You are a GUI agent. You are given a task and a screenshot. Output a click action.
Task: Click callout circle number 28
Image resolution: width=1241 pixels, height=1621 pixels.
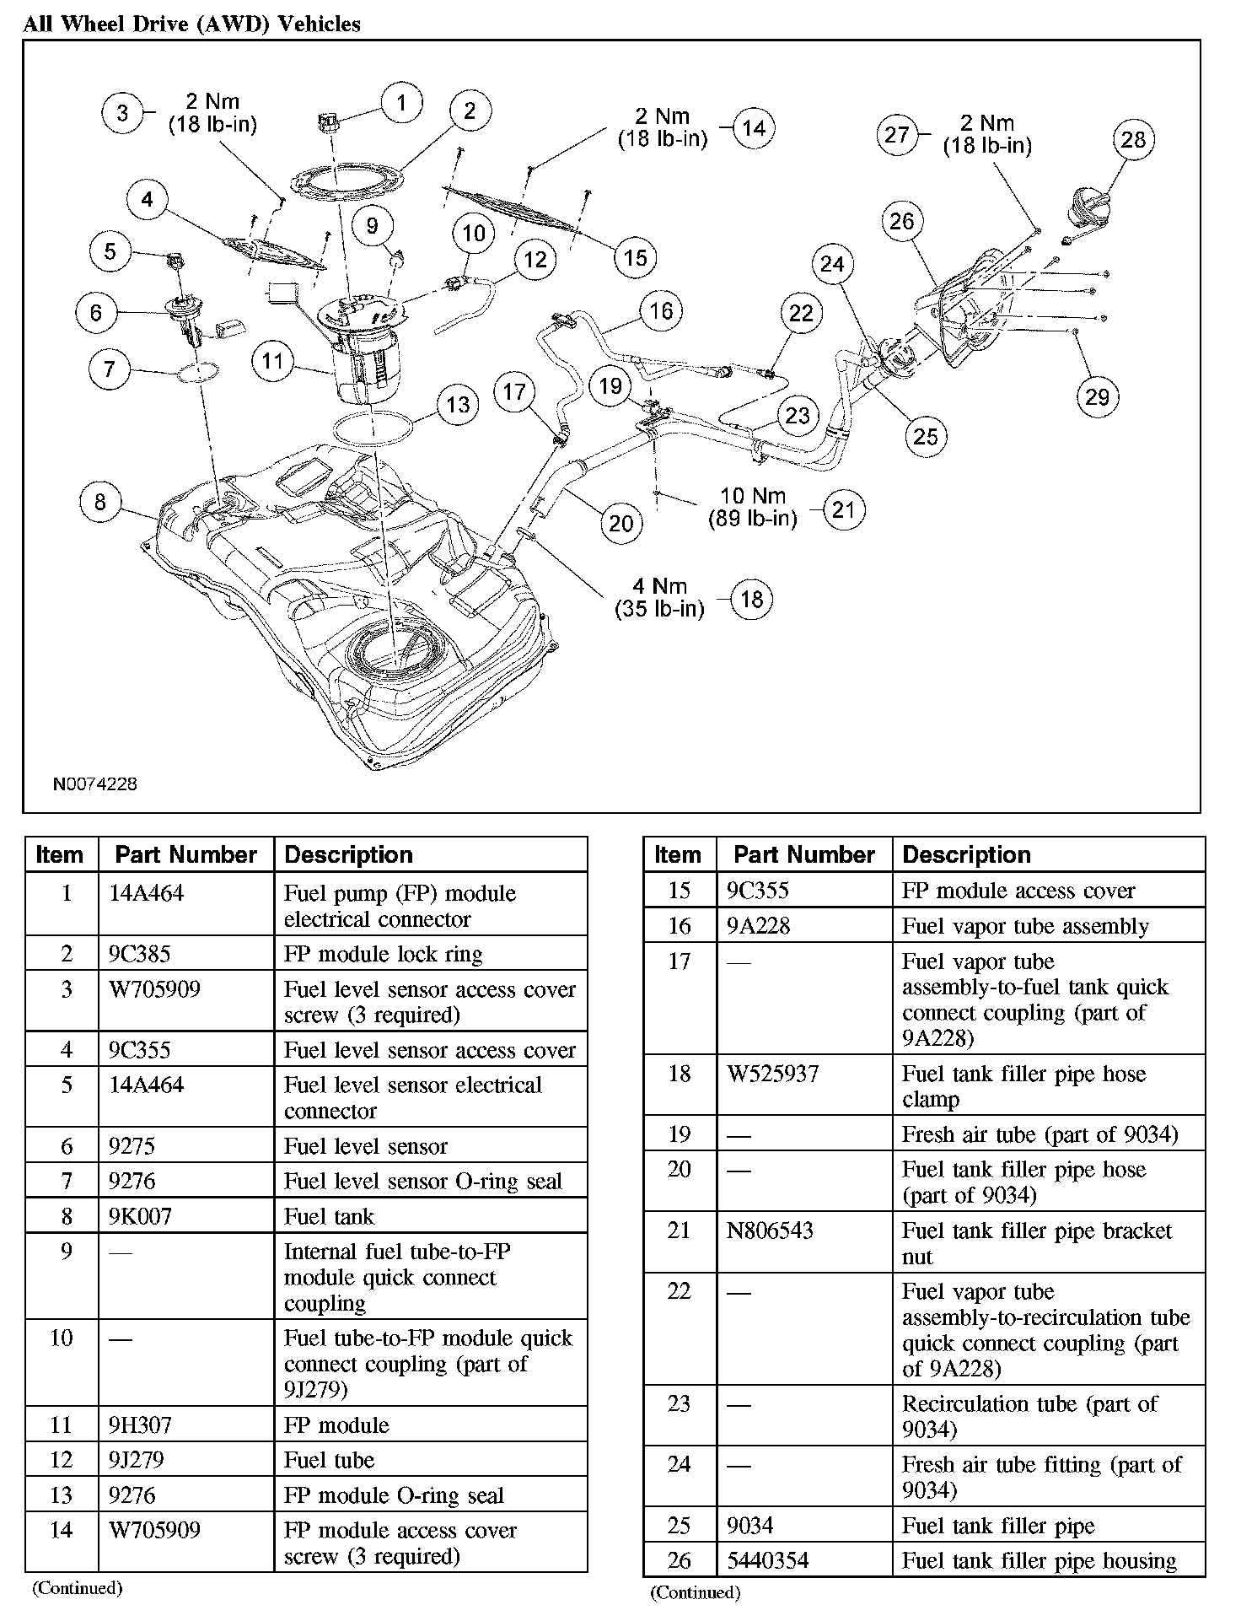coord(1133,139)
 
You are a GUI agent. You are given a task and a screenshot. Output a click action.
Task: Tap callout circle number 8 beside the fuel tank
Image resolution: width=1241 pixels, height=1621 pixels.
coord(100,503)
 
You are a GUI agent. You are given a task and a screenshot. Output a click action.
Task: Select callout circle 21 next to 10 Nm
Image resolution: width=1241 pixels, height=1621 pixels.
coord(843,509)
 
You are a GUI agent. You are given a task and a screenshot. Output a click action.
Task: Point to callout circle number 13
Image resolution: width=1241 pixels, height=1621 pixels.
coord(458,405)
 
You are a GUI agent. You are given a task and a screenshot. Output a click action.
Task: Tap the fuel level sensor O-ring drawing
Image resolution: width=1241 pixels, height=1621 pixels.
coord(199,371)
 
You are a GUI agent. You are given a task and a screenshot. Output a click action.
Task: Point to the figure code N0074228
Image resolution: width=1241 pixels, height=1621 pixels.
coord(94,784)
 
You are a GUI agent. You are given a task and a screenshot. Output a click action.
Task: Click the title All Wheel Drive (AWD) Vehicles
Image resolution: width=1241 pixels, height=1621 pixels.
coord(192,24)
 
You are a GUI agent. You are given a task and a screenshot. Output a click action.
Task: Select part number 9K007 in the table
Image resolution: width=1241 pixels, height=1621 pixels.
coord(140,1216)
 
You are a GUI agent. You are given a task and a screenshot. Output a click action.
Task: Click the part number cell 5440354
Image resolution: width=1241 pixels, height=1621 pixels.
coord(768,1560)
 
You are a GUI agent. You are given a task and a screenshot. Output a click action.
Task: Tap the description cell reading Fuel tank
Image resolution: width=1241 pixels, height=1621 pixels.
coord(329,1216)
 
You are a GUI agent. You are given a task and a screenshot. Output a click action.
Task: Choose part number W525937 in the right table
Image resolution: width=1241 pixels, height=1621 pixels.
coord(772,1074)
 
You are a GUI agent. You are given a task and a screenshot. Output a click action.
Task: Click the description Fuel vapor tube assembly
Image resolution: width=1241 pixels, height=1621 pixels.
coord(1025,926)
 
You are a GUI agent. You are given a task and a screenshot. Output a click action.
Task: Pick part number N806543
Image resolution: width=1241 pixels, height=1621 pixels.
coord(770,1231)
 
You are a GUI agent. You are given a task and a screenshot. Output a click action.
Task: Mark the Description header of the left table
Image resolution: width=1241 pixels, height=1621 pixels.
coord(348,854)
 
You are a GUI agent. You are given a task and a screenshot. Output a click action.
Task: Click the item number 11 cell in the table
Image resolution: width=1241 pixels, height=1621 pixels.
coord(62,1425)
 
